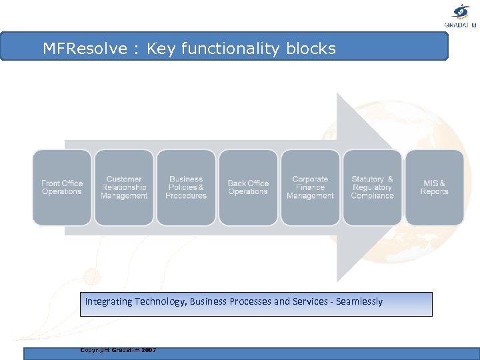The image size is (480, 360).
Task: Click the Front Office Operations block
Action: click(x=62, y=187)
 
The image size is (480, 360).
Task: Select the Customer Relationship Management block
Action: click(x=124, y=187)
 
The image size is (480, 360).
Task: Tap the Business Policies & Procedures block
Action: click(x=186, y=187)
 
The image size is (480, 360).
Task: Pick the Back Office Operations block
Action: click(x=248, y=187)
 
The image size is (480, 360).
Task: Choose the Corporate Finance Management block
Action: click(x=310, y=187)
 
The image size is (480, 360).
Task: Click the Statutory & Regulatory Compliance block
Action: click(x=372, y=187)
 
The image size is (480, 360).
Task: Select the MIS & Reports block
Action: click(x=435, y=187)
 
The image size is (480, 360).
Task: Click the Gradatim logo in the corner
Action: click(x=461, y=15)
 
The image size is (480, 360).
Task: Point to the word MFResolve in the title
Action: click(x=85, y=49)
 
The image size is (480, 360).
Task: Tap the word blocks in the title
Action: click(x=311, y=49)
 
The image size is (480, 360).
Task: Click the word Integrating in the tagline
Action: click(x=109, y=301)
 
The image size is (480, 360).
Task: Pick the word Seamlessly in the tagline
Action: click(x=359, y=301)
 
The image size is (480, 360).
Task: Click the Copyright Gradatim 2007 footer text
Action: click(x=118, y=349)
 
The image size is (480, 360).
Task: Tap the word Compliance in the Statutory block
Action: click(x=372, y=196)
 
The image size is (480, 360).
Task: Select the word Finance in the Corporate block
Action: click(x=310, y=187)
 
